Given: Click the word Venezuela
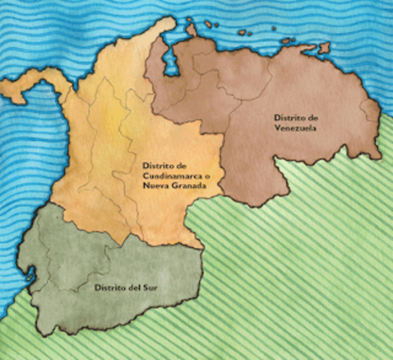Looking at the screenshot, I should pos(295,128).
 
